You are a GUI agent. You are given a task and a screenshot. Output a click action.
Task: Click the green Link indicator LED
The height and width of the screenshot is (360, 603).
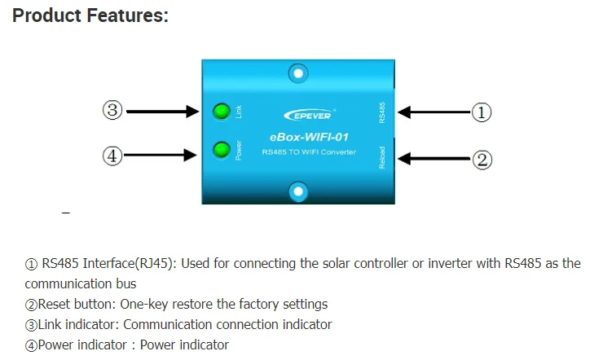pyautogui.click(x=220, y=112)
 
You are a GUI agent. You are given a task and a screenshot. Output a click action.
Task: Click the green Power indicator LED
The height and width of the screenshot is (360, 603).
pyautogui.click(x=220, y=150)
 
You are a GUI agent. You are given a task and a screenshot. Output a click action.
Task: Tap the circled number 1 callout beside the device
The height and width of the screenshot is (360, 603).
pyautogui.click(x=482, y=112)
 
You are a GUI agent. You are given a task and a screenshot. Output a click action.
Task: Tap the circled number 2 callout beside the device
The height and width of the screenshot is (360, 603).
pyautogui.click(x=482, y=160)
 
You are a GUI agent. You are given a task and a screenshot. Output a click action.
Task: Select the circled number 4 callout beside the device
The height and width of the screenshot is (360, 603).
pyautogui.click(x=112, y=155)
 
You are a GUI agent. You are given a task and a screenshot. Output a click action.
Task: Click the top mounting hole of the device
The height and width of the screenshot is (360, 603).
pyautogui.click(x=299, y=74)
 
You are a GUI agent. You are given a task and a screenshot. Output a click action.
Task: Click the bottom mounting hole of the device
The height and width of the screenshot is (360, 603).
pyautogui.click(x=299, y=191)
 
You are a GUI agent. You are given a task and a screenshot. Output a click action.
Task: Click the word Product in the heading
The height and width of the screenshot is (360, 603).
pyautogui.click(x=46, y=16)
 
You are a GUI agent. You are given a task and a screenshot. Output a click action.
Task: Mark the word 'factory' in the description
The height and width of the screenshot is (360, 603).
pyautogui.click(x=240, y=305)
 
